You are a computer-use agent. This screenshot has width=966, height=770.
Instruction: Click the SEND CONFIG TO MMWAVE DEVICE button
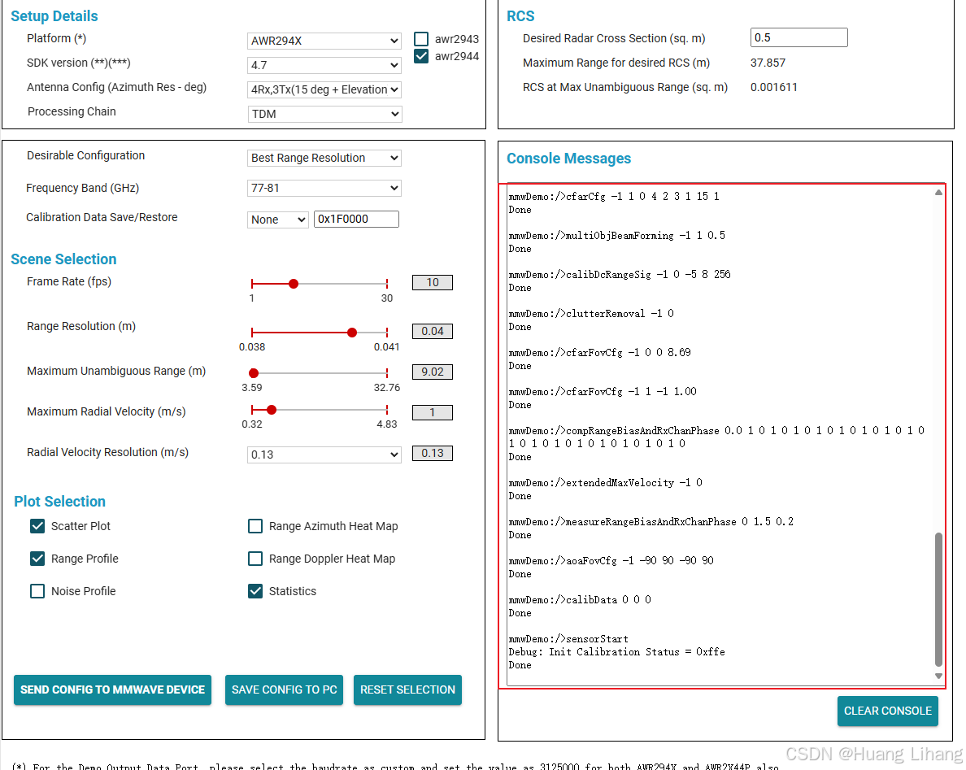point(112,690)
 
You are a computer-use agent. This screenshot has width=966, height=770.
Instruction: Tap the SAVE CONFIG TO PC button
point(284,690)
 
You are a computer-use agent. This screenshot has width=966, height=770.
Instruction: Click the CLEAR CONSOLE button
point(887,711)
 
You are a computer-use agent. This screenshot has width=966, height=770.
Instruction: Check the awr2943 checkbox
point(421,39)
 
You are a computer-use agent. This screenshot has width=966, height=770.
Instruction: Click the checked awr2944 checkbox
point(421,56)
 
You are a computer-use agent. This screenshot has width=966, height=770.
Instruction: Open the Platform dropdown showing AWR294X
point(324,41)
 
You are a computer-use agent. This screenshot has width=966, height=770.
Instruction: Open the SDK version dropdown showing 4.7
point(324,65)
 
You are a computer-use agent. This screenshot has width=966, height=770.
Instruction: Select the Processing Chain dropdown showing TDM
point(324,114)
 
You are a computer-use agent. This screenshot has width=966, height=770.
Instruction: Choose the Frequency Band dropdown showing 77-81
point(324,188)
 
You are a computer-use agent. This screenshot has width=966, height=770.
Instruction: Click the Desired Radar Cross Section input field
point(799,37)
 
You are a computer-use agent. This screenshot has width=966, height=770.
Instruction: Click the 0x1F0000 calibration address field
point(356,219)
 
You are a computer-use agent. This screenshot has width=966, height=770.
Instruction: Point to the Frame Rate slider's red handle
point(294,284)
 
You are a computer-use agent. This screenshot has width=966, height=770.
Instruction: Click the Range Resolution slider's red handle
point(352,333)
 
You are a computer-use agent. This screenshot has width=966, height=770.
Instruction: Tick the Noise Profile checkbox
point(37,591)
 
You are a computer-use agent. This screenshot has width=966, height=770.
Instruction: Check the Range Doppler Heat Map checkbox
point(255,559)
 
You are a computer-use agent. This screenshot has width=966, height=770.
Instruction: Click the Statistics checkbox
point(255,591)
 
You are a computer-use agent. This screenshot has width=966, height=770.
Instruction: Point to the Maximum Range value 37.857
point(768,63)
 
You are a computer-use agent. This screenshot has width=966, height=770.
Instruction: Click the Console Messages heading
point(568,159)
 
